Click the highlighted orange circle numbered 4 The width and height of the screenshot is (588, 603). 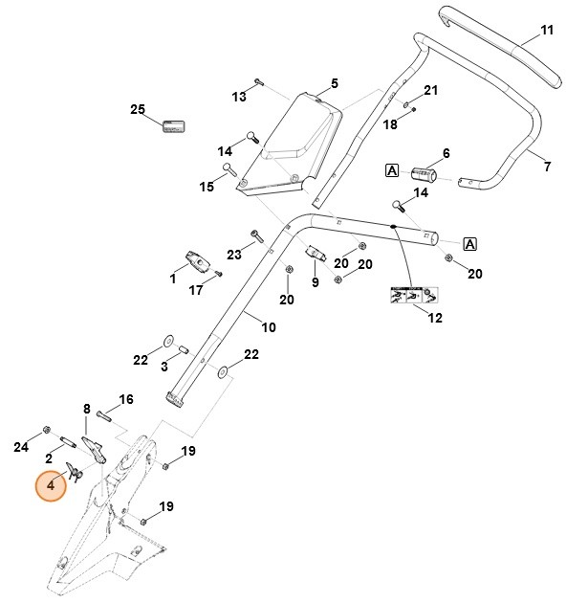click(x=50, y=485)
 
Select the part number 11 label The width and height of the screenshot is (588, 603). click(x=547, y=31)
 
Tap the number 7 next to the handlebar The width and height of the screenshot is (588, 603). click(x=547, y=167)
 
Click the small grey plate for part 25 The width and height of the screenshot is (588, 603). click(x=173, y=125)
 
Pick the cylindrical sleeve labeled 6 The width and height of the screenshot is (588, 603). click(x=423, y=175)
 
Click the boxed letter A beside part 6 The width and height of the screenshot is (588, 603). click(x=391, y=170)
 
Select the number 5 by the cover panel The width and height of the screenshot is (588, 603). click(x=335, y=83)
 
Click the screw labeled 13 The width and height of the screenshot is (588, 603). click(x=259, y=83)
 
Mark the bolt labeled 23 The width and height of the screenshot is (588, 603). click(x=257, y=236)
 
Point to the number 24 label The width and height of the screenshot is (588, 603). click(x=21, y=447)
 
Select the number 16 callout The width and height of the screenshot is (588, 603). click(x=125, y=399)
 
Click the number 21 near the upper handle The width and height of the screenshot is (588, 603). click(x=430, y=91)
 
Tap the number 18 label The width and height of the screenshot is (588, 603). click(x=390, y=124)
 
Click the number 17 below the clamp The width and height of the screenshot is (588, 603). click(x=196, y=290)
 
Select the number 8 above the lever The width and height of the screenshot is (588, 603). click(x=86, y=409)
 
